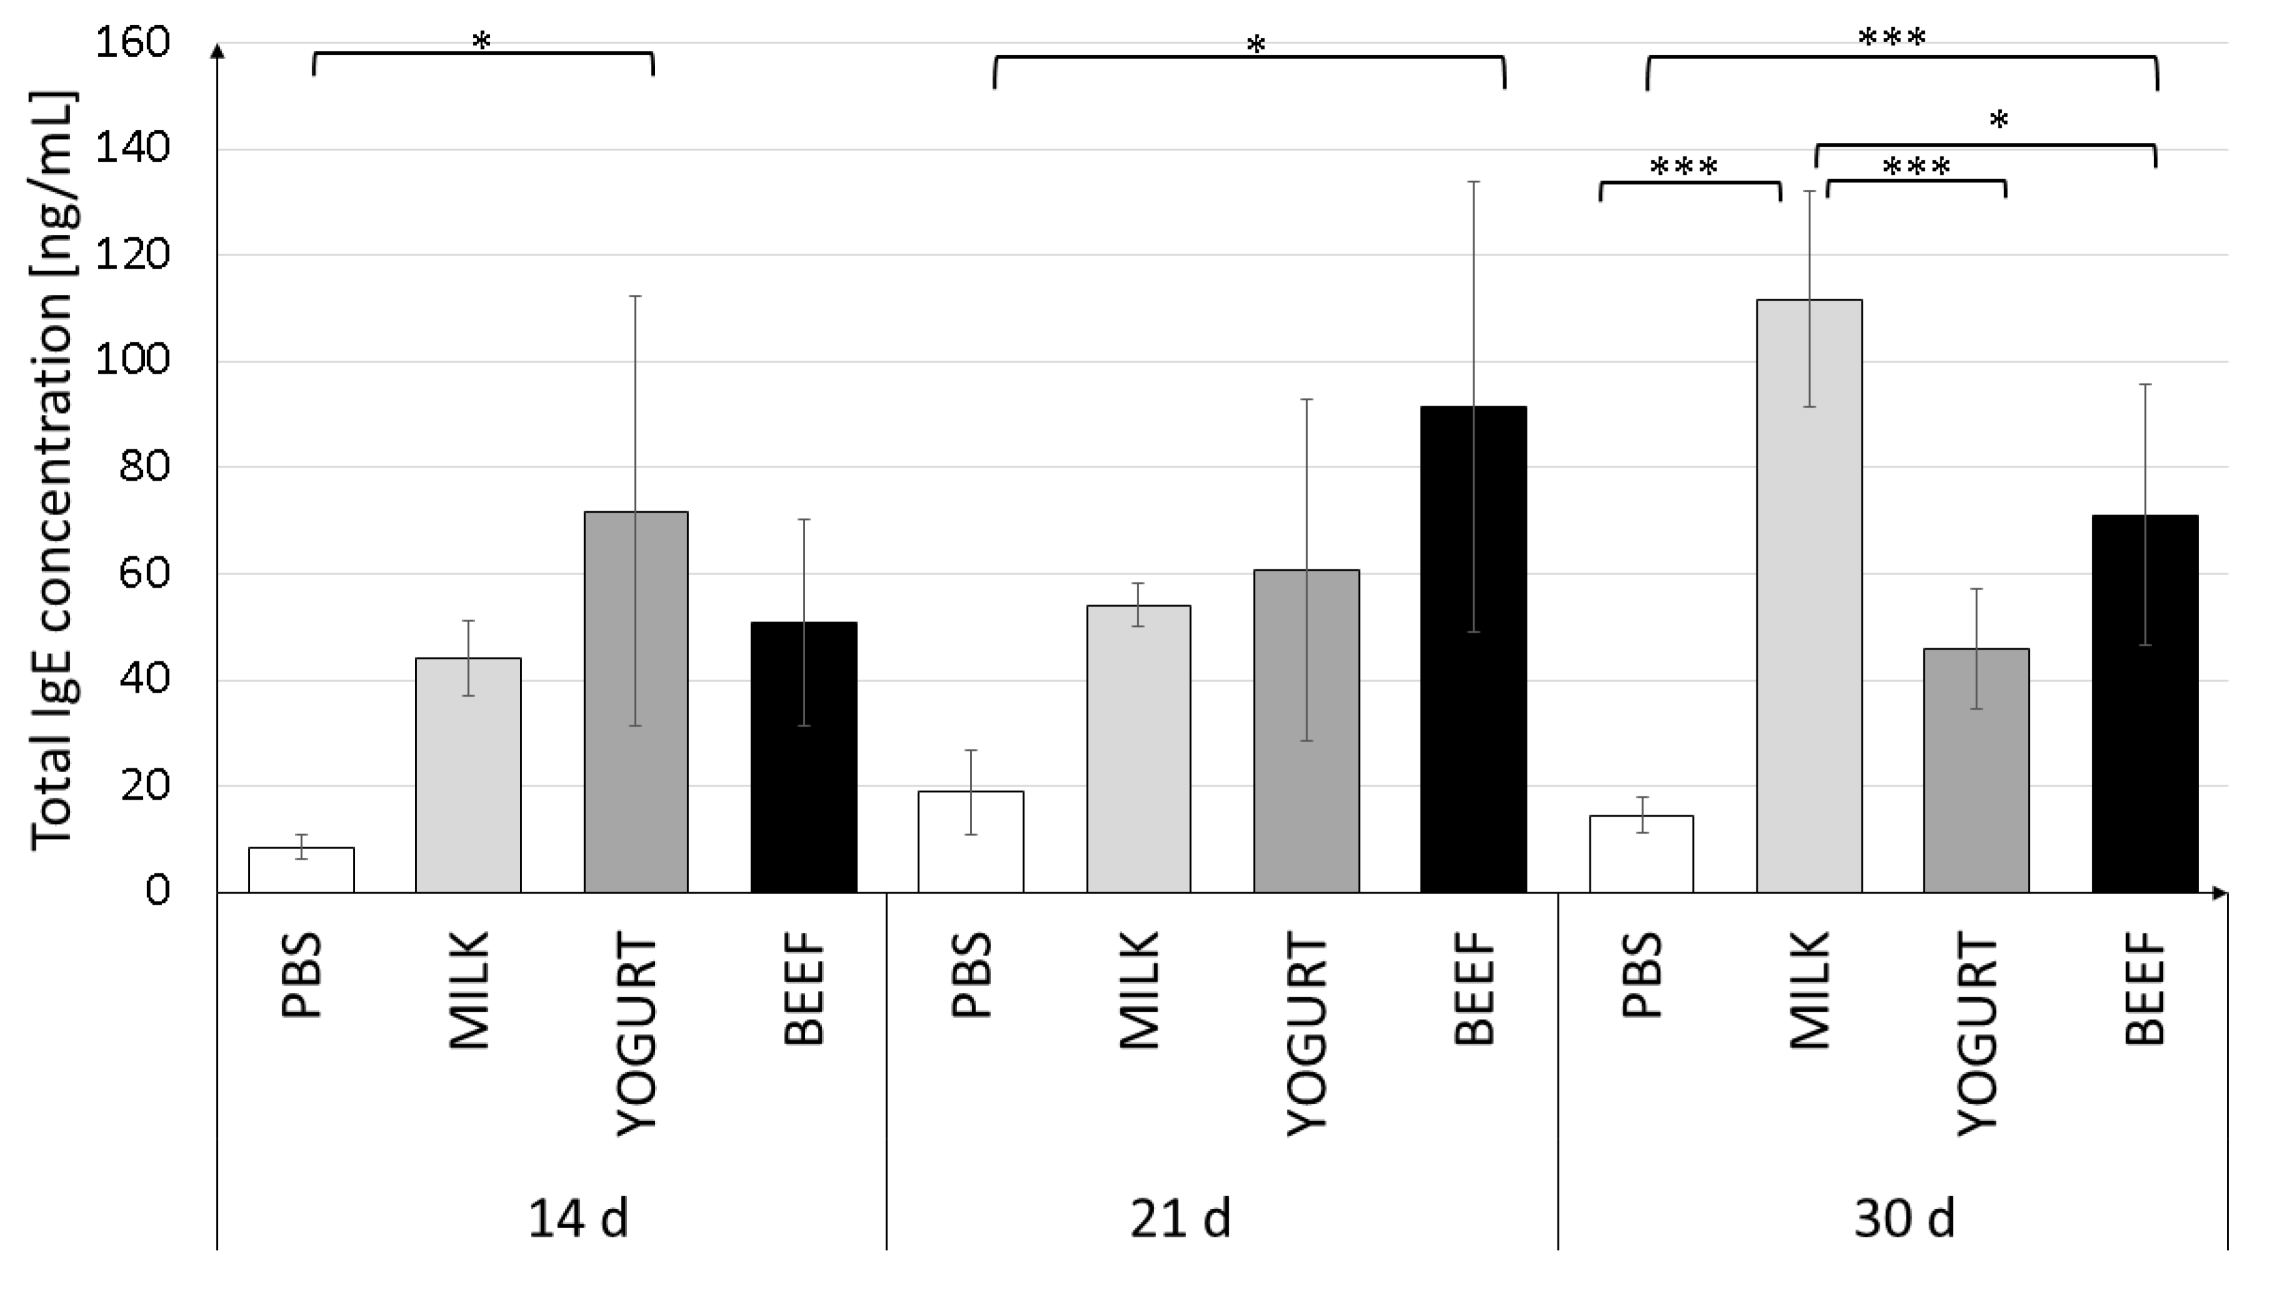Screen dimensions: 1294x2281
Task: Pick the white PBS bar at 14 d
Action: coord(301,870)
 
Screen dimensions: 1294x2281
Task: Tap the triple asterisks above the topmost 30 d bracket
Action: coord(1891,37)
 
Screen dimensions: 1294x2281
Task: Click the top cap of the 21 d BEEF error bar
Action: coord(1473,181)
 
